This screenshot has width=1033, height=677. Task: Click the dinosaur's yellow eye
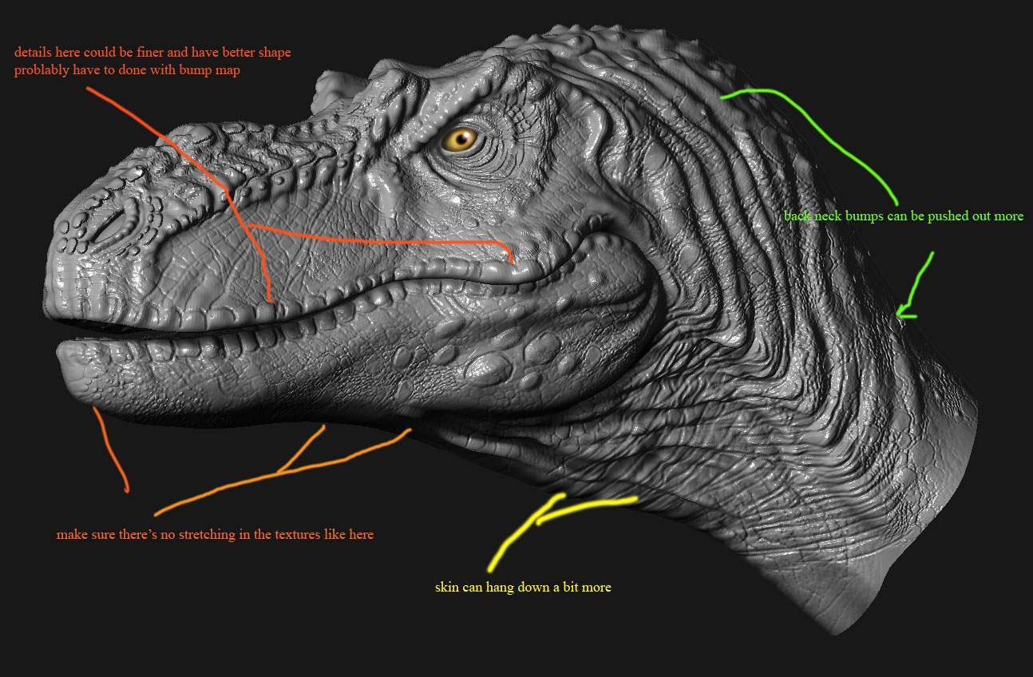point(461,140)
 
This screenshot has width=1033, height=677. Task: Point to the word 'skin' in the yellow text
point(446,587)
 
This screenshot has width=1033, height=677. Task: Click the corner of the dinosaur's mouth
point(600,240)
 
